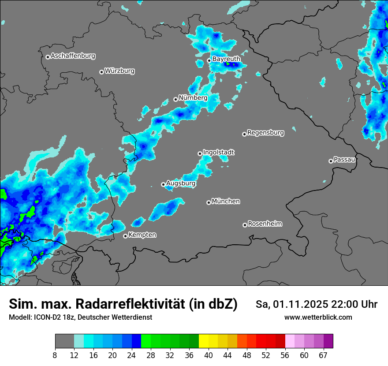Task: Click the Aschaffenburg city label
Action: click(x=73, y=56)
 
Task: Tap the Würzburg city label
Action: click(x=119, y=71)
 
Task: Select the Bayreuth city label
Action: click(x=226, y=59)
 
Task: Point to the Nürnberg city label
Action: click(x=193, y=98)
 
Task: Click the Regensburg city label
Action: click(x=265, y=133)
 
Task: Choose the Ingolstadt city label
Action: click(x=219, y=153)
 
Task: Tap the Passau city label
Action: click(x=344, y=160)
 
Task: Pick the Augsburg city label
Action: click(x=181, y=183)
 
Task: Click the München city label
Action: click(x=226, y=202)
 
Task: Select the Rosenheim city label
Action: click(x=265, y=224)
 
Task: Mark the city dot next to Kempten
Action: click(x=125, y=236)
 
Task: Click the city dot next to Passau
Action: click(x=331, y=161)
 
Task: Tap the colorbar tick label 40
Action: click(x=209, y=355)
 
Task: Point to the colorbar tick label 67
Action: click(x=323, y=355)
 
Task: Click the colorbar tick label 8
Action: click(x=55, y=355)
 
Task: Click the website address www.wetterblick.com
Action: click(x=318, y=317)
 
